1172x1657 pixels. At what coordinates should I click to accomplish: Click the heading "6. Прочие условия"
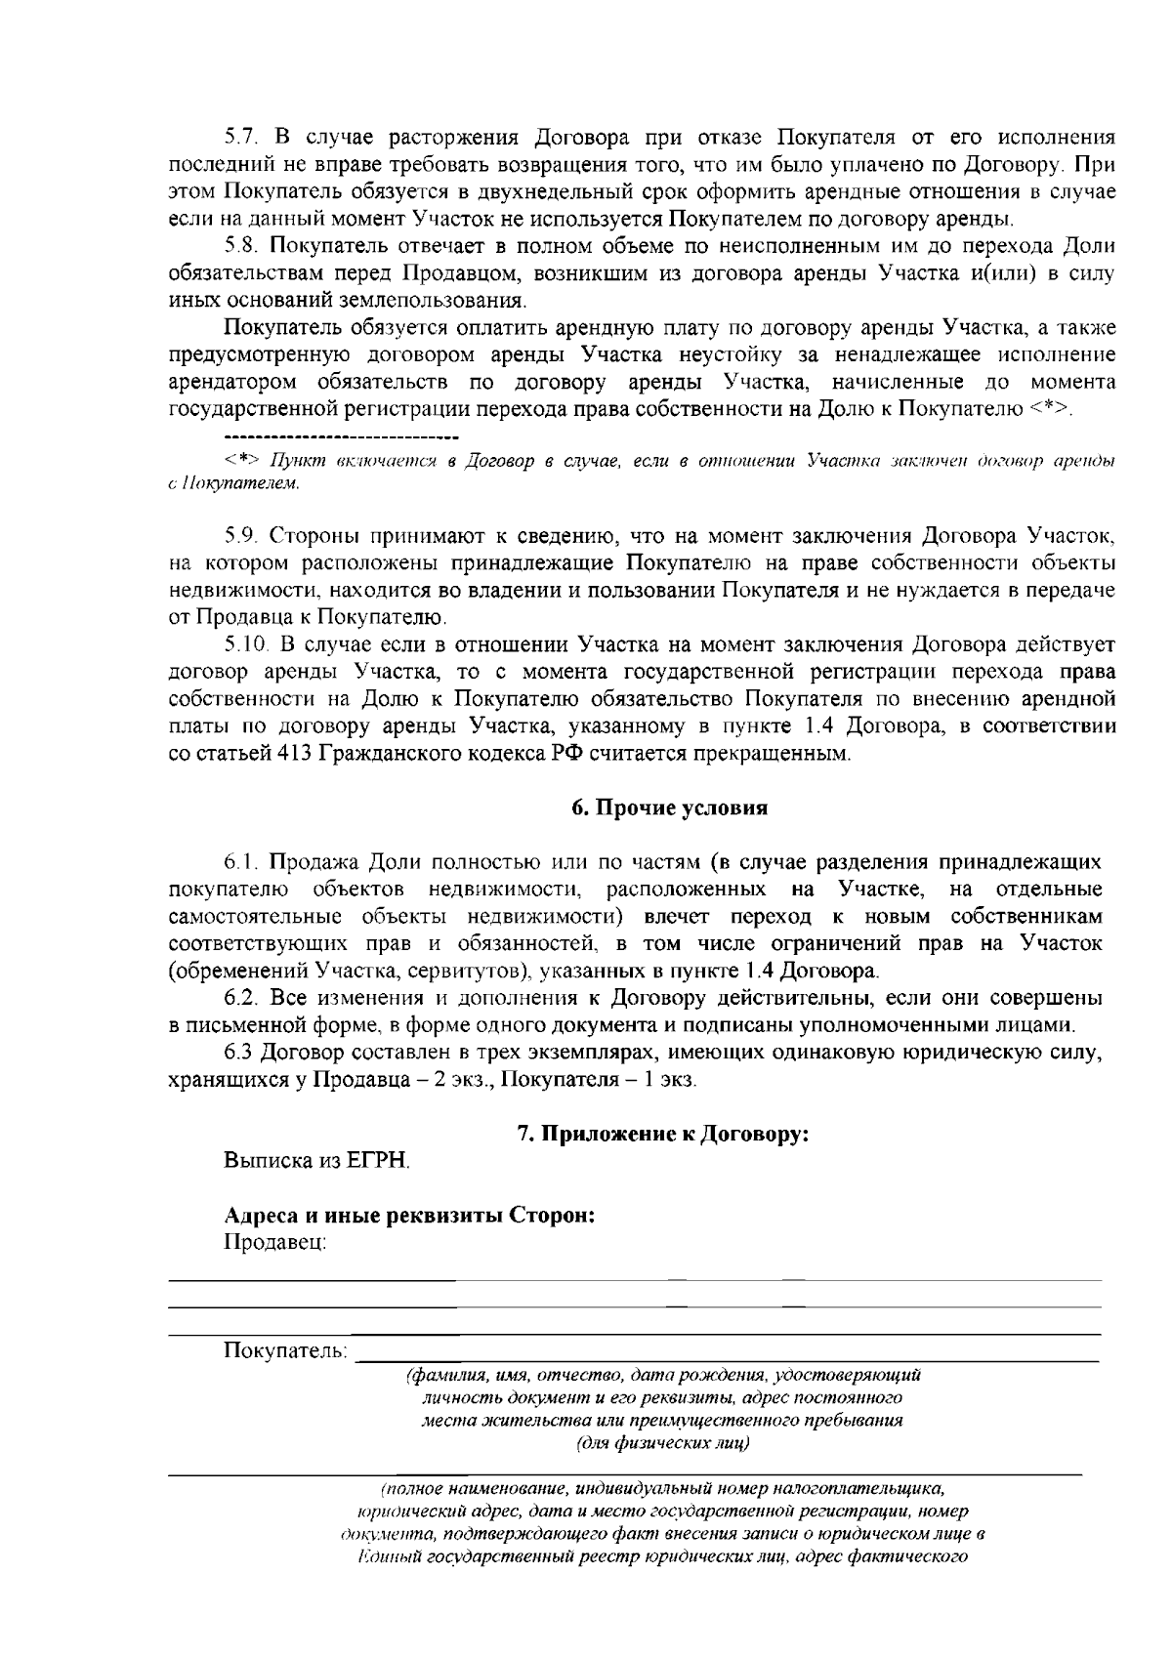(668, 808)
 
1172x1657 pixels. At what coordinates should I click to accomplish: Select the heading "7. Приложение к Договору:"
(663, 1134)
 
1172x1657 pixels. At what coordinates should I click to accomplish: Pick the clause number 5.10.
(245, 644)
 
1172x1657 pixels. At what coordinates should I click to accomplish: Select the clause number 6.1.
(240, 862)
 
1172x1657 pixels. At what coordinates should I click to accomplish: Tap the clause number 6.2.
(240, 998)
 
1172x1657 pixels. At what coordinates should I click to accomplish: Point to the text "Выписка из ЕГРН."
(317, 1162)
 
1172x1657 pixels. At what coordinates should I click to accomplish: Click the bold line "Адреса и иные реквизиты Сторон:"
(410, 1217)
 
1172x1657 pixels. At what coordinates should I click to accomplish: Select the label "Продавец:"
(274, 1242)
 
